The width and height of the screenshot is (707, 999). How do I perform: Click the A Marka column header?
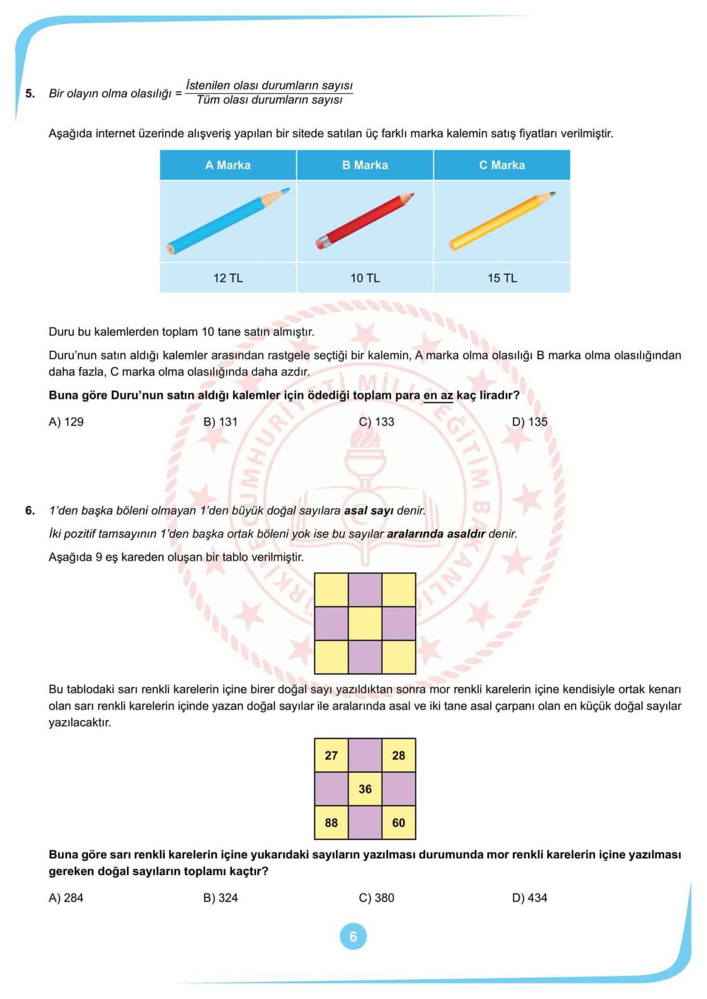pos(228,165)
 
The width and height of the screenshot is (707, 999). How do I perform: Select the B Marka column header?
pos(364,165)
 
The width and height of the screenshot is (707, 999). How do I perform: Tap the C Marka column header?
pos(501,165)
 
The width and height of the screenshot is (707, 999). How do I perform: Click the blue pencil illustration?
pos(228,221)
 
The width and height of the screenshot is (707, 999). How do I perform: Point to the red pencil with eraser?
pos(364,221)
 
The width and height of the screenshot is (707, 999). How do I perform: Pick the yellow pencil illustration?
pos(502,221)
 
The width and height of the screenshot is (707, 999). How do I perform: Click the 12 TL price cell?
pos(228,278)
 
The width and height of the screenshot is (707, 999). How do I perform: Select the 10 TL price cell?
pos(364,278)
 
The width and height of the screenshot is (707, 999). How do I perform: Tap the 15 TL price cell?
pos(501,278)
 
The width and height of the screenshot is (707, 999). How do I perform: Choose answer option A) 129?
pos(66,422)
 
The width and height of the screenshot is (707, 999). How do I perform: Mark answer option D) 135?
pos(529,422)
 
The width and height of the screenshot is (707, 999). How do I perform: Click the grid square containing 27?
pos(331,755)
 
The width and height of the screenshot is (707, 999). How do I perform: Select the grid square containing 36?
pos(365,789)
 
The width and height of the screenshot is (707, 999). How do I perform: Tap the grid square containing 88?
pos(331,823)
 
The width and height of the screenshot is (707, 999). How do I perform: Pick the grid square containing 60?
pos(398,823)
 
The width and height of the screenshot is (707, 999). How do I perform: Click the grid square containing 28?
pos(398,755)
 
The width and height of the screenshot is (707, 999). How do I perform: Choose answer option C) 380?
pos(376,898)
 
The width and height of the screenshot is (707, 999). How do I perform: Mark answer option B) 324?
pos(220,898)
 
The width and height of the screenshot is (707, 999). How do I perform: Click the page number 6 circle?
pos(353,937)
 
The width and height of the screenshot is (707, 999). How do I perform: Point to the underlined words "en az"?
pos(438,395)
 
